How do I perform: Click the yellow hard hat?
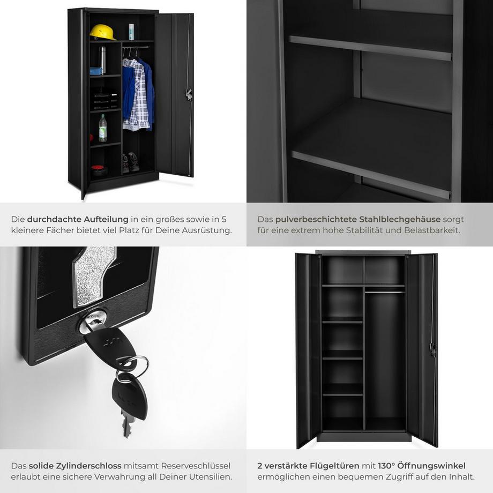click(x=103, y=32)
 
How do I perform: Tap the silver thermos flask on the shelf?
click(x=102, y=59)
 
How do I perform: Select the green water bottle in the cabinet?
click(x=103, y=128)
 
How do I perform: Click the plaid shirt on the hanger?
click(x=138, y=94)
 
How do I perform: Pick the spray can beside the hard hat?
click(x=131, y=32)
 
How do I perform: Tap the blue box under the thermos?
click(x=96, y=71)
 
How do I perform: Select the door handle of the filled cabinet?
click(x=189, y=94)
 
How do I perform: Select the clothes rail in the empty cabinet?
click(x=385, y=292)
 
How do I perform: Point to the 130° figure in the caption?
click(x=386, y=466)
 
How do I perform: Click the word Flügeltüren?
click(x=334, y=466)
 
